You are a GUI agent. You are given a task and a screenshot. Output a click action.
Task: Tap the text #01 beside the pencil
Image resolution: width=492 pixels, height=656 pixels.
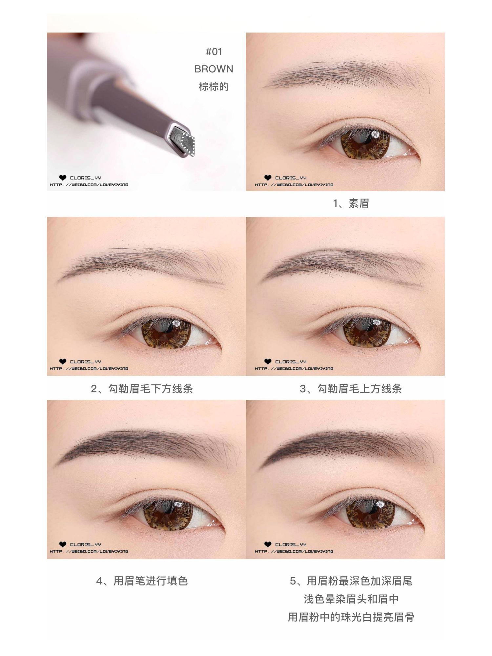[214, 51]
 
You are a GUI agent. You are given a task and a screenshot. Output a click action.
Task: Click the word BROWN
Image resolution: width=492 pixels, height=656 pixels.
[214, 69]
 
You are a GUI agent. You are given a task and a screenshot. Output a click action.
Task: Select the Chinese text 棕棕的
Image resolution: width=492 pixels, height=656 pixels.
[214, 87]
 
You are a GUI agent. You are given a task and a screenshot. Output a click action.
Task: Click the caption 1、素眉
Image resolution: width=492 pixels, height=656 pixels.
[351, 204]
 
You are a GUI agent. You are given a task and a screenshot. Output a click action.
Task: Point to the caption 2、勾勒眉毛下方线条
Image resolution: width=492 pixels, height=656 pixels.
[142, 389]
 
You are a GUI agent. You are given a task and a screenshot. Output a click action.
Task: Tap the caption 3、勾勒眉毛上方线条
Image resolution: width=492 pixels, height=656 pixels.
[351, 389]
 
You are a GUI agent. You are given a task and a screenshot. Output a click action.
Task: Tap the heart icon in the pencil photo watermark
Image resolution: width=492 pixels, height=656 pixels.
[63, 178]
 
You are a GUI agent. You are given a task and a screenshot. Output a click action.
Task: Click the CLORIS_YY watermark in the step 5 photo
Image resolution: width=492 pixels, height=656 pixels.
[291, 544]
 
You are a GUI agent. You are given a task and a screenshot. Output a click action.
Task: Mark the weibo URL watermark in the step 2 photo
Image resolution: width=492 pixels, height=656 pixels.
[89, 368]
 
